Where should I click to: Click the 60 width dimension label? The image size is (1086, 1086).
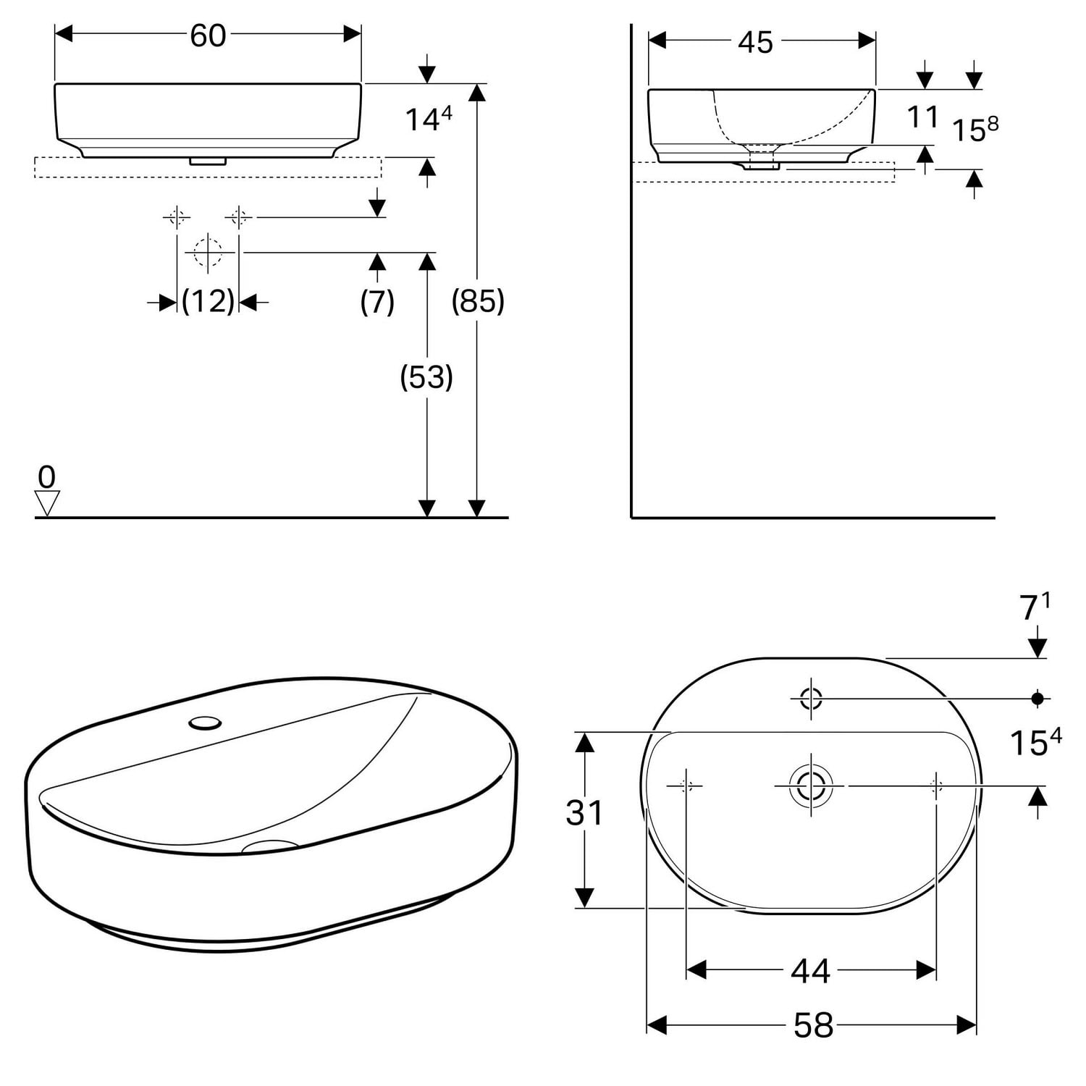click(x=208, y=35)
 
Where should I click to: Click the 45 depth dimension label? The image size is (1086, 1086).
click(x=756, y=43)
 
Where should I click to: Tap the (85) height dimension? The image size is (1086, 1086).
click(x=478, y=300)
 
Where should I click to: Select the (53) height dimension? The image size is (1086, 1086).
click(x=426, y=376)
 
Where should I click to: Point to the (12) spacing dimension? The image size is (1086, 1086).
click(x=208, y=300)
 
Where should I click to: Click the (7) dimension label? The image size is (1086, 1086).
click(x=377, y=301)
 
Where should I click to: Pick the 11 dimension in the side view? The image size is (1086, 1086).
click(x=922, y=117)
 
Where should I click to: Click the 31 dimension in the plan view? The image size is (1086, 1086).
click(x=584, y=813)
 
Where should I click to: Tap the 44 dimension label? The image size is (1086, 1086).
click(x=810, y=971)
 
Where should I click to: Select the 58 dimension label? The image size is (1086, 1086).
click(x=813, y=1025)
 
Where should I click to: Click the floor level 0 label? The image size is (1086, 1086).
click(x=46, y=477)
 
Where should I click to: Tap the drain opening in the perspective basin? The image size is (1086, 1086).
click(x=270, y=845)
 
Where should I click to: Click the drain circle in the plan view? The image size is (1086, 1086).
click(x=811, y=786)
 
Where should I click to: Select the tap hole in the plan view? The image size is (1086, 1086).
click(x=811, y=699)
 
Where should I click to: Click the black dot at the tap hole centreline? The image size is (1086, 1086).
click(x=1037, y=699)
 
